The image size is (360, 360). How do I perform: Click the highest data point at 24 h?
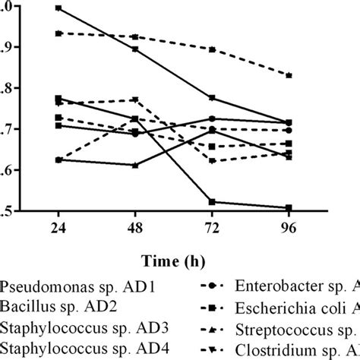(59, 8)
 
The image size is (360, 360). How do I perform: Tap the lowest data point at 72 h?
(211, 202)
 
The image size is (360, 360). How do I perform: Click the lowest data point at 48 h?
(135, 165)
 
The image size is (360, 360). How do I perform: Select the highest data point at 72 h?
(211, 49)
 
